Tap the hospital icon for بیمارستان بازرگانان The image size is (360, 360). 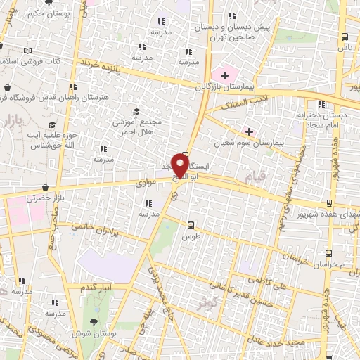(x=224, y=75)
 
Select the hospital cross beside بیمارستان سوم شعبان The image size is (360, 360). (x=248, y=131)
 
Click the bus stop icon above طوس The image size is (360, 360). (x=191, y=226)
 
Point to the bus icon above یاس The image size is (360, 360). (x=344, y=37)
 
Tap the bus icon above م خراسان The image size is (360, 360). (x=328, y=252)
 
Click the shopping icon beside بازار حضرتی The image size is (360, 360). (x=46, y=188)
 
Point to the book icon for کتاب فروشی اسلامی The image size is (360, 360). (x=27, y=51)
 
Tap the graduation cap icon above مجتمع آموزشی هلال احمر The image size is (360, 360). (x=136, y=111)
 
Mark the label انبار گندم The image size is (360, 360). (x=97, y=288)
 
